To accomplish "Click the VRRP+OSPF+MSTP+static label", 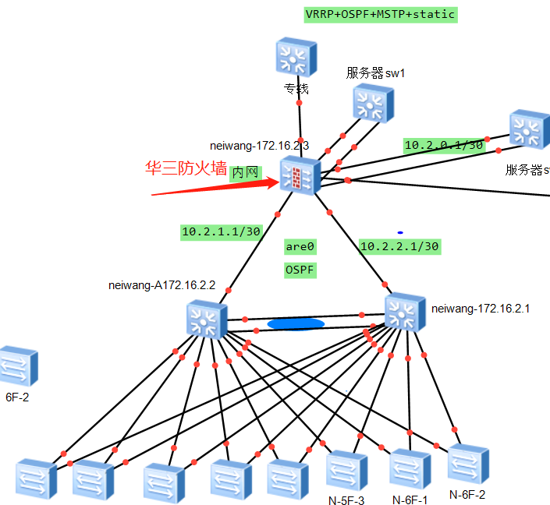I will pos(379,14).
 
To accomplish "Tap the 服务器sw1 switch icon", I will pos(373,104).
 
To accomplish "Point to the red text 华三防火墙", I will pos(186,168).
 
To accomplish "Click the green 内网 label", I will pos(245,173).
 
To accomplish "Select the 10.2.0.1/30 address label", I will pos(444,145).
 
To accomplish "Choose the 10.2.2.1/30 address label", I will pos(399,246).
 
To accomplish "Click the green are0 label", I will pos(300,246).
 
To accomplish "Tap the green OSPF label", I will pos(300,270).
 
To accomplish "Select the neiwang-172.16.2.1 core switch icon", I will pos(405,312).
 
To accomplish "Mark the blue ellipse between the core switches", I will pos(296,323).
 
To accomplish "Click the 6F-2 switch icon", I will pos(18,367).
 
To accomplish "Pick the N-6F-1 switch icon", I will pos(410,468).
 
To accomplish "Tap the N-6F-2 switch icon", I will pos(467,464).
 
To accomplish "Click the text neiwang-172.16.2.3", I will pos(260,145).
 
